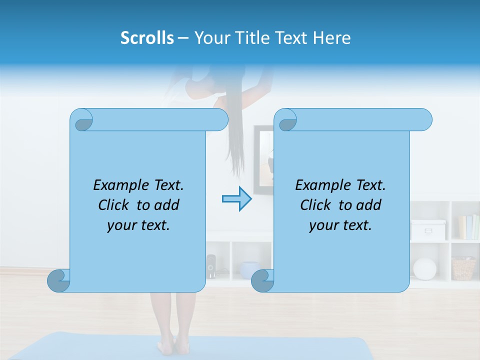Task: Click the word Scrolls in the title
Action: [147, 38]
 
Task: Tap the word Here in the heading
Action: [332, 38]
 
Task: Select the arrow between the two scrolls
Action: [237, 199]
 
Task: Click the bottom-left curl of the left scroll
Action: [59, 281]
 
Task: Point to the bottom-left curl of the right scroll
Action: [262, 281]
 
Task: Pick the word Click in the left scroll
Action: [114, 205]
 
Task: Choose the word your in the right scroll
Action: [322, 225]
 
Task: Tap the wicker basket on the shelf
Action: [463, 268]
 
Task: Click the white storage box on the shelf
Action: [428, 230]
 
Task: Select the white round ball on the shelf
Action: [425, 269]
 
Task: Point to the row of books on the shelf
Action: [468, 227]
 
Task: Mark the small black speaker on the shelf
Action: [211, 266]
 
